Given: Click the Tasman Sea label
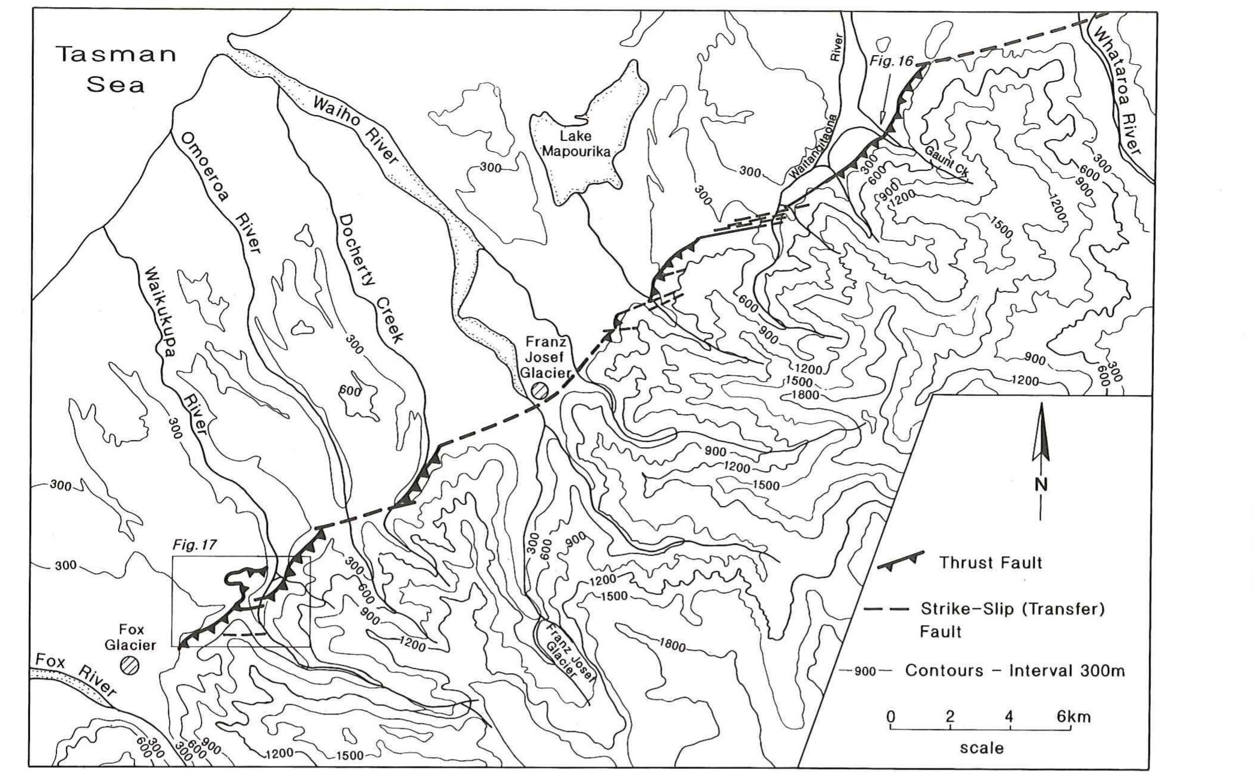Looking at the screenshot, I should tap(116, 69).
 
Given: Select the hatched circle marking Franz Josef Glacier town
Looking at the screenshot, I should tap(539, 391).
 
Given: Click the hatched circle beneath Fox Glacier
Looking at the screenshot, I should tap(129, 665).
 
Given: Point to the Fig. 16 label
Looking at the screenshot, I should tap(891, 61).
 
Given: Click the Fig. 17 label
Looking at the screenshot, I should tap(194, 545).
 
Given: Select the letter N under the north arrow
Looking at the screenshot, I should tap(1041, 484).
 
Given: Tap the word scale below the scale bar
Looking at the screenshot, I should tap(981, 747).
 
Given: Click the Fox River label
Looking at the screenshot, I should tap(75, 674).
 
